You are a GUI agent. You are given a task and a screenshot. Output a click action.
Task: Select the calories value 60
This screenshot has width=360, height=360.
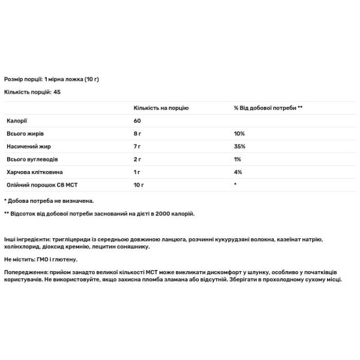coord(137,121)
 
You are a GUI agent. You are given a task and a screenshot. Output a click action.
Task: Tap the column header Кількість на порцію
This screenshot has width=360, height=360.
coord(161,107)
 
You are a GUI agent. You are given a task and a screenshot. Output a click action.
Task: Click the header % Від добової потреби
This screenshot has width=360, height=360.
coord(268,107)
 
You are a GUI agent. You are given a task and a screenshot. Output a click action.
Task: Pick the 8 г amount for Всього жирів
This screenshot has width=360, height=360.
coord(138,134)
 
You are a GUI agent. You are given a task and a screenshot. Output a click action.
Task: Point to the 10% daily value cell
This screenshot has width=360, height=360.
coord(239,134)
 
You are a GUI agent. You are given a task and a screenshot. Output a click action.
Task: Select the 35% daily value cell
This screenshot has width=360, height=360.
coord(239,147)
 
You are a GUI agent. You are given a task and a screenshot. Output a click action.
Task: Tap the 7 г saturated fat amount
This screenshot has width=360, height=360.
coord(137,147)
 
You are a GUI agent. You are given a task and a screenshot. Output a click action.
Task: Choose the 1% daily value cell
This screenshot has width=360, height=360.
coord(238,160)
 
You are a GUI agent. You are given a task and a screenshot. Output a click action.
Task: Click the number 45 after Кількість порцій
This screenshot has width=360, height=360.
coord(56,92)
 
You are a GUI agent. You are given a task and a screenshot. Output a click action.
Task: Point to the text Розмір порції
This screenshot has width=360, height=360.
coord(23,79)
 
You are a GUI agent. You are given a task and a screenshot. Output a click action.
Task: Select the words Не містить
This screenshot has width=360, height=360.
coord(19,259)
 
